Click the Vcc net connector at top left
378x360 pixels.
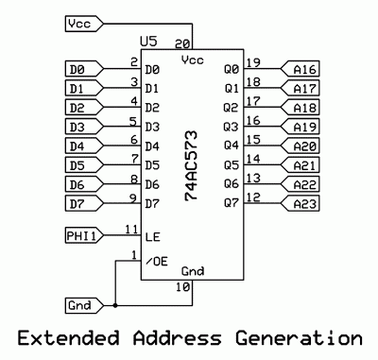pyautogui.click(x=82, y=21)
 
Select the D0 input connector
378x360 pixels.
pyautogui.click(x=82, y=69)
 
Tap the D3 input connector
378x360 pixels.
pyautogui.click(x=82, y=127)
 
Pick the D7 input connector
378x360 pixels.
pyautogui.click(x=82, y=204)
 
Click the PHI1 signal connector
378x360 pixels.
pyautogui.click(x=82, y=233)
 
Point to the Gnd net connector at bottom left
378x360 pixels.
pyautogui.click(x=82, y=305)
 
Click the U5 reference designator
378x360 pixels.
pyautogui.click(x=146, y=43)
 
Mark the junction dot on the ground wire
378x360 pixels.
pyautogui.click(x=114, y=305)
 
